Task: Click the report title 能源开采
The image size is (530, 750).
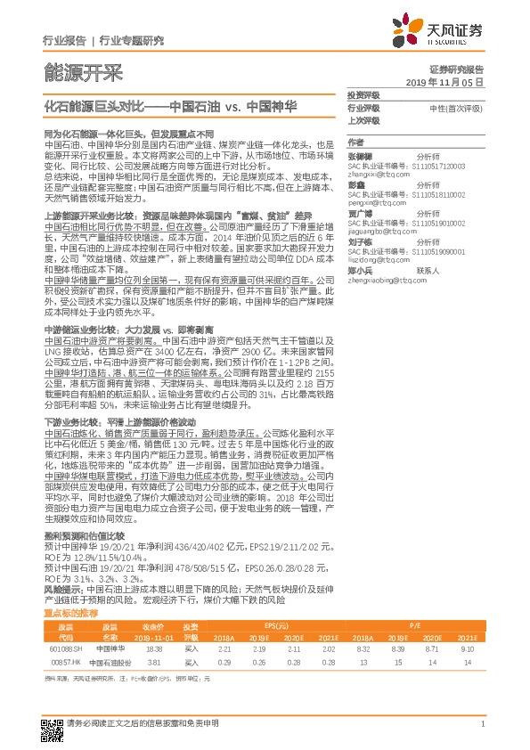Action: (x=83, y=72)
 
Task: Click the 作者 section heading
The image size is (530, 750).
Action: (x=355, y=143)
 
